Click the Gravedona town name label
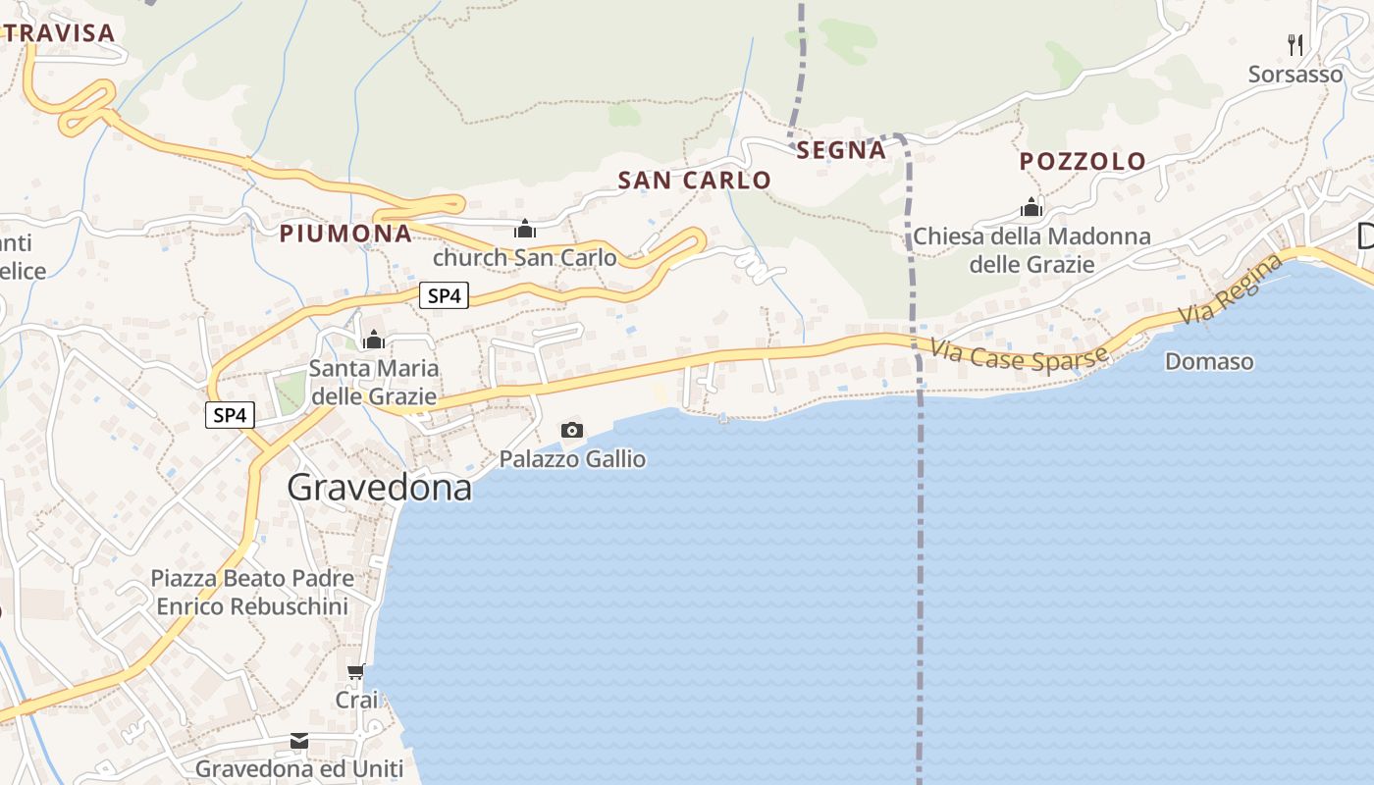[x=379, y=488]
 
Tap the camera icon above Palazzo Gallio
[x=571, y=430]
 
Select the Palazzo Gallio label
[x=572, y=459]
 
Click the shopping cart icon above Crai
[x=356, y=672]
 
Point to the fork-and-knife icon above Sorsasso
[x=1295, y=44]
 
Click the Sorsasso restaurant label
[x=1295, y=75]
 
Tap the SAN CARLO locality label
[x=694, y=181]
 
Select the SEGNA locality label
[x=841, y=150]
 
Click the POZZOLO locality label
[x=1083, y=162]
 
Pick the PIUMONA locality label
[x=345, y=234]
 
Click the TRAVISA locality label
[x=59, y=33]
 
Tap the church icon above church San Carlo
[x=525, y=230]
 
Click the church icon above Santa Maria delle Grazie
[x=373, y=340]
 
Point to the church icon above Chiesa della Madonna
[x=1030, y=207]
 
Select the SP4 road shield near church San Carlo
[x=444, y=295]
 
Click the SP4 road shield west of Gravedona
[x=230, y=415]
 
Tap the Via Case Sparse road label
[x=1020, y=354]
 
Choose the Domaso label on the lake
[x=1209, y=362]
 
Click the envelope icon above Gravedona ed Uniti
[x=299, y=741]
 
